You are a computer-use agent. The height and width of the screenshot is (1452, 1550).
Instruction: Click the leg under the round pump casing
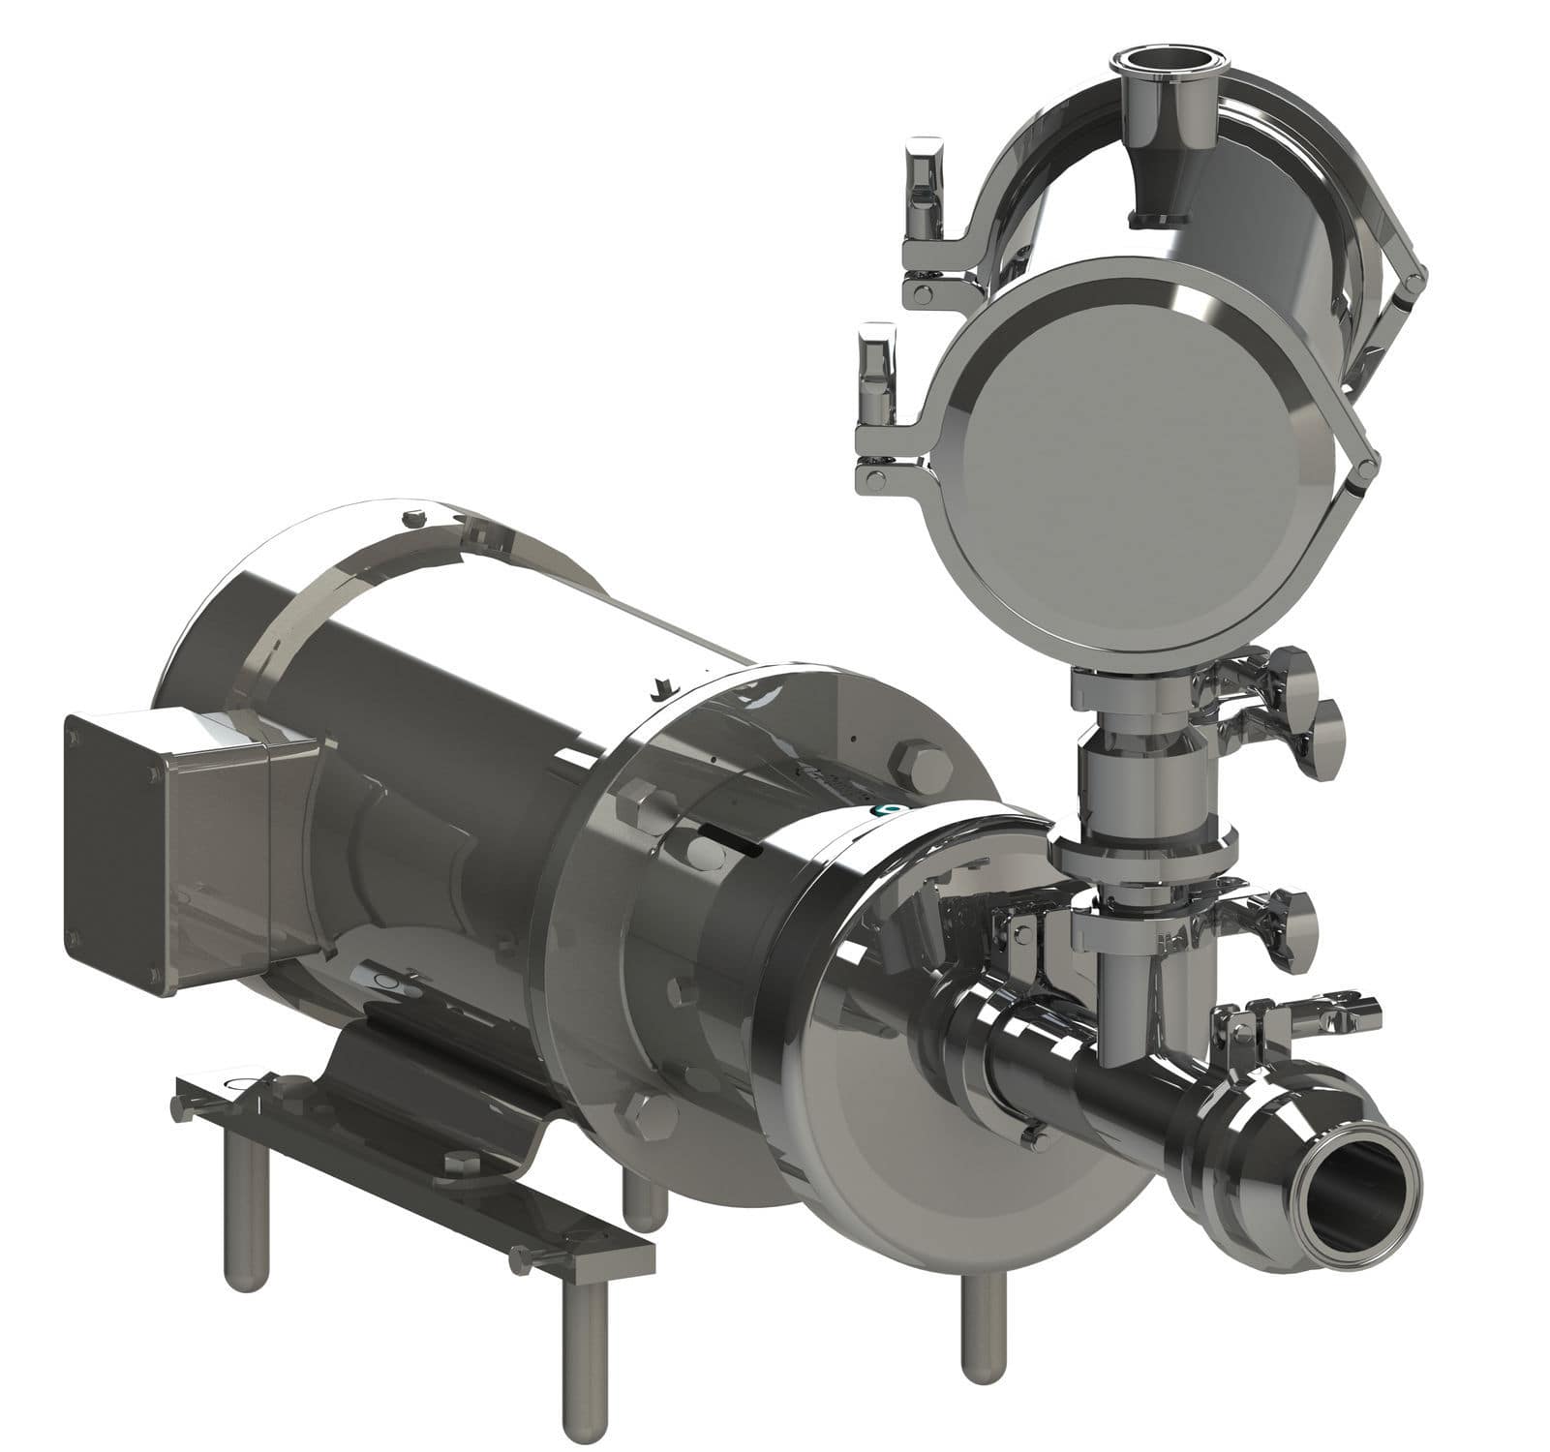click(981, 1326)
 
